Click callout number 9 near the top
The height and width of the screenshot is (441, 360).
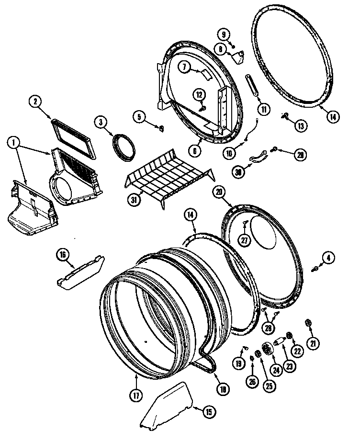[x=223, y=34]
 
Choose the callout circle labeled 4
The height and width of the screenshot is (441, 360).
[x=328, y=258]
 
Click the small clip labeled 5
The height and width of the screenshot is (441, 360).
[x=161, y=127]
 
